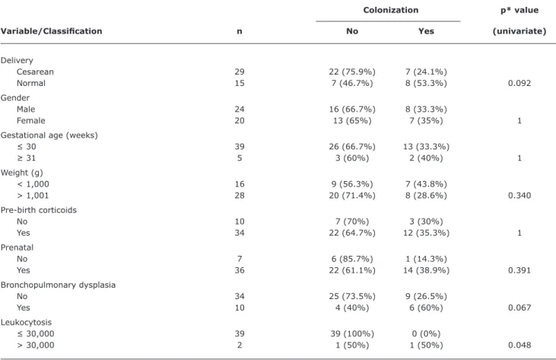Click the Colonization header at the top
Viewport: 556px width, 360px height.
point(391,10)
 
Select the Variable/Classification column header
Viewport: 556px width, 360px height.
point(52,31)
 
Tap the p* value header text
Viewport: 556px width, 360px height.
point(519,11)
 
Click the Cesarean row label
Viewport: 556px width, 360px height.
point(35,72)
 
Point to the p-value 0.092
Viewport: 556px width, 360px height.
point(519,83)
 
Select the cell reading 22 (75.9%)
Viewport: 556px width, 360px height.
point(352,72)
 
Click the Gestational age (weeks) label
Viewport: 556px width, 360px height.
point(49,135)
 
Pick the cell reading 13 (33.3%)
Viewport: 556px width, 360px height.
point(426,146)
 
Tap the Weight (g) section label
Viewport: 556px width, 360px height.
point(22,173)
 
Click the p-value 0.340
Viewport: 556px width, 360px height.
point(519,196)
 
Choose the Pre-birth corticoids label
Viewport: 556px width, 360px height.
point(39,210)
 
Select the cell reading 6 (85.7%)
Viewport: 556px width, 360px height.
point(352,259)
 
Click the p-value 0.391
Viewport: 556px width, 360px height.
point(519,270)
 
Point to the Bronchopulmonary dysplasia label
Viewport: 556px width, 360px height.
point(58,285)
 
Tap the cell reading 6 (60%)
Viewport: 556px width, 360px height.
point(426,307)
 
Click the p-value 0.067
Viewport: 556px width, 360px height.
point(519,307)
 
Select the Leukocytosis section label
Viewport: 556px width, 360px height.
point(26,323)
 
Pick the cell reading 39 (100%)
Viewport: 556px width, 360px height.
point(352,334)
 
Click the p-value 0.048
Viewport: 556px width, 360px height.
point(519,345)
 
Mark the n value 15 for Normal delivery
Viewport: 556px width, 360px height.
point(240,83)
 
